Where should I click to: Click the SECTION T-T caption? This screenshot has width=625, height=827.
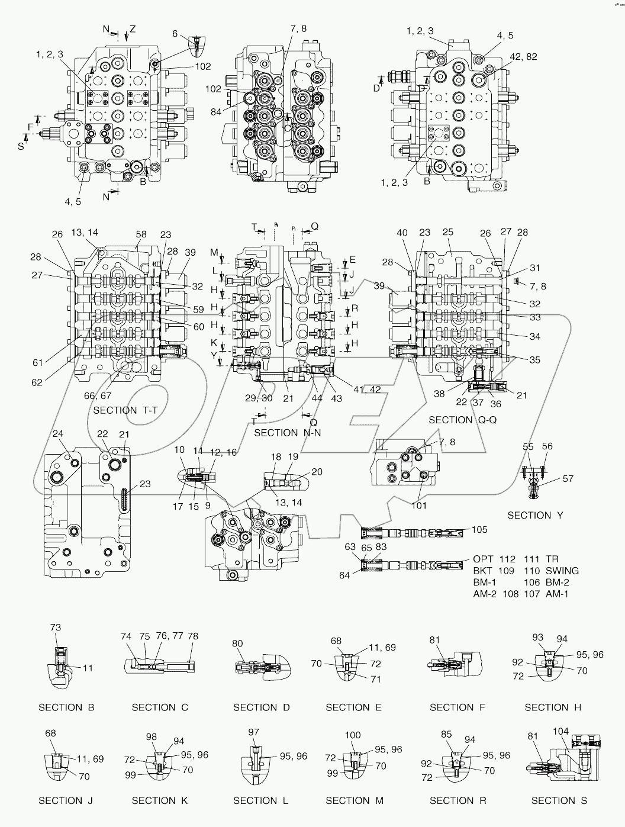(124, 410)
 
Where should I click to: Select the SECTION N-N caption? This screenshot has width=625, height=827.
(284, 433)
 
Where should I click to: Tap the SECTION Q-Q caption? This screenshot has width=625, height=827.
(459, 420)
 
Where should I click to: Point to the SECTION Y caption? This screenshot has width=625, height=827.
(535, 515)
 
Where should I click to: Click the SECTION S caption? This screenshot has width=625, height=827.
(559, 800)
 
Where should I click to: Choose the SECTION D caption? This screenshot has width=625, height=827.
(262, 707)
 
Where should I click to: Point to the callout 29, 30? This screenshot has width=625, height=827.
(259, 398)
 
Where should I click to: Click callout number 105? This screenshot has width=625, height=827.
(479, 529)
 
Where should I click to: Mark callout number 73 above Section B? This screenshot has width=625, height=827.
(55, 628)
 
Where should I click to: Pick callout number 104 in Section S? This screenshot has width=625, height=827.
(560, 732)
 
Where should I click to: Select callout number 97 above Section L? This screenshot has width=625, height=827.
(254, 732)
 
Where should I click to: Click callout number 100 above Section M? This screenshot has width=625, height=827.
(352, 735)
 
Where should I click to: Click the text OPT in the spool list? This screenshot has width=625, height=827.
(483, 559)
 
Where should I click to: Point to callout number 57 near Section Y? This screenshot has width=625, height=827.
(568, 478)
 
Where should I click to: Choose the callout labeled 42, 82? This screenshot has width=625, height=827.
(523, 56)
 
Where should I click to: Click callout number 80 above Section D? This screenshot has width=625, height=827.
(237, 643)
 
